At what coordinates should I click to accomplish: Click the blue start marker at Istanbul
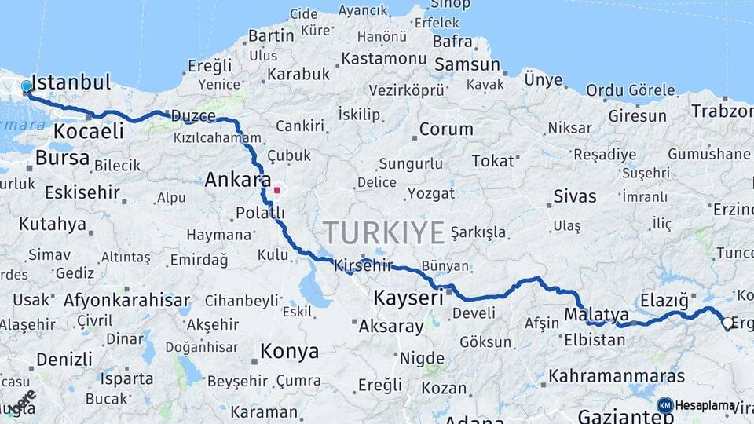tap(27, 86)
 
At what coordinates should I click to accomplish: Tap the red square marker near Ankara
tap(276, 189)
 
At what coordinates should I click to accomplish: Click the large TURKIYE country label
tap(384, 232)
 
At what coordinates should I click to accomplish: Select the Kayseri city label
tap(408, 298)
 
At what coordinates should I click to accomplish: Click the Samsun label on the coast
tap(467, 64)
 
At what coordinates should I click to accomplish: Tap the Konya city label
tap(290, 351)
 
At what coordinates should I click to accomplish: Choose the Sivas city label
tap(575, 196)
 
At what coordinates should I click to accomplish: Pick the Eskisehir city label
tap(82, 192)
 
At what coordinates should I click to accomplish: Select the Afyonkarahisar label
tap(126, 300)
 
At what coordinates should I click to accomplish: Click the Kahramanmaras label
tap(617, 376)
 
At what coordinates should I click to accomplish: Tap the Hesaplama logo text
tap(705, 405)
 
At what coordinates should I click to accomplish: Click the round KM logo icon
tap(665, 405)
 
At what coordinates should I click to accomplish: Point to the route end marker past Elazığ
tap(727, 324)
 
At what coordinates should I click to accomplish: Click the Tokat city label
tap(492, 161)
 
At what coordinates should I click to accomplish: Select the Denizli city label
tap(64, 360)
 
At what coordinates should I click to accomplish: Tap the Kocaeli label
tap(88, 131)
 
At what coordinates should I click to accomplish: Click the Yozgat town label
tap(430, 193)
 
